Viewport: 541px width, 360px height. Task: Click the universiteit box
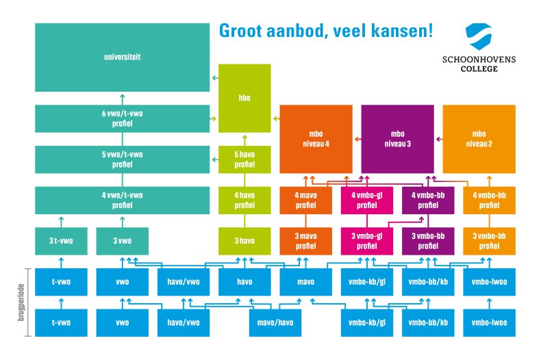122,57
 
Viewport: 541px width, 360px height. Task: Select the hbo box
244,98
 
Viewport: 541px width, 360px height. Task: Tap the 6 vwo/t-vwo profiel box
122,118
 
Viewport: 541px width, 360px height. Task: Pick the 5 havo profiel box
244,159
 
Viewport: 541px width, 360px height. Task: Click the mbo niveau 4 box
316,139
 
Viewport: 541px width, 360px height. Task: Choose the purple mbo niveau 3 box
397,139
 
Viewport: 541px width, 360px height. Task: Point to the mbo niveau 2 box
479,139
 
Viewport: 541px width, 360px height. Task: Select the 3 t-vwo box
61,241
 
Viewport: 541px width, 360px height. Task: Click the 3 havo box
244,241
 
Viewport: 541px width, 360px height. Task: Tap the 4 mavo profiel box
305,201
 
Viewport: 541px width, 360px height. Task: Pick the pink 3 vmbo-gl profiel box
367,241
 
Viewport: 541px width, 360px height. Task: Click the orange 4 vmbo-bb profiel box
489,201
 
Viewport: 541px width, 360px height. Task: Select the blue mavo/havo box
275,323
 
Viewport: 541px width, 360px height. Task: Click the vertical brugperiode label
21,303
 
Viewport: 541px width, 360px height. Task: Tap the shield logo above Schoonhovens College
479,36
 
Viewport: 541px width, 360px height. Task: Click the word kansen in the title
402,31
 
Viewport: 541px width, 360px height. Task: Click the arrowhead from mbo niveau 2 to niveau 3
438,140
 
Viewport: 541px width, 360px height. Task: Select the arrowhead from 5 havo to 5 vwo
214,159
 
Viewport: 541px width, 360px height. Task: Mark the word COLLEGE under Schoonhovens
479,68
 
